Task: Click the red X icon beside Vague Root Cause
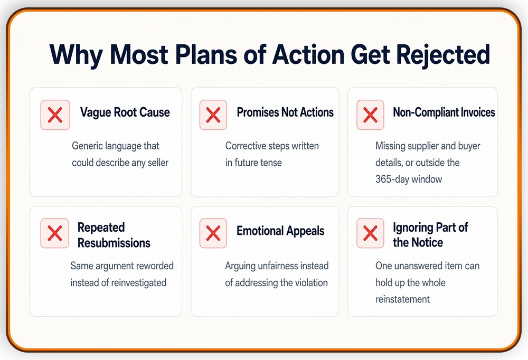[x=55, y=115]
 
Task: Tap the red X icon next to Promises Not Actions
[x=213, y=115]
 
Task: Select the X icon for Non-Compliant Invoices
[x=371, y=115]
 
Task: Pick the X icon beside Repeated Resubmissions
[x=55, y=233]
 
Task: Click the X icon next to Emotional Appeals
[x=213, y=233]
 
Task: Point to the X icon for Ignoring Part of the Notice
[x=371, y=233]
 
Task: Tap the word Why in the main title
[x=76, y=55]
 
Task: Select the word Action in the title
[x=308, y=54]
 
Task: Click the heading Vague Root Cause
[x=125, y=112]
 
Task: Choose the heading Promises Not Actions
[x=285, y=112]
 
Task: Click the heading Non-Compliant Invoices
[x=444, y=112]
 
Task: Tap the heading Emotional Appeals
[x=280, y=231]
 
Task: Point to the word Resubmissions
[x=114, y=243]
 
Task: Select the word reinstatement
[x=402, y=299]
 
